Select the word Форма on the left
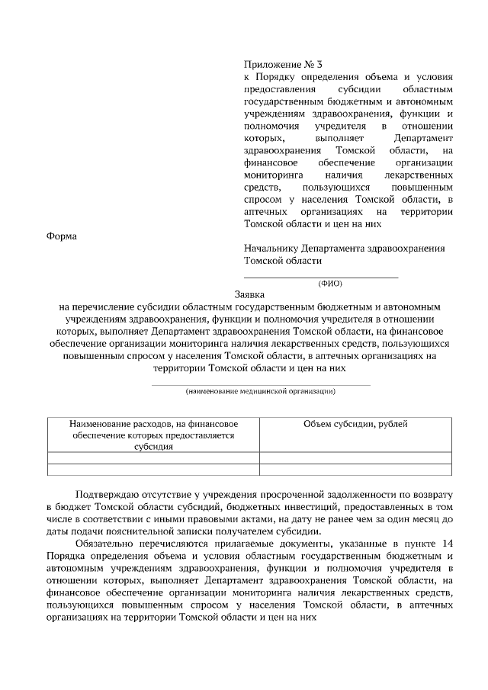(x=63, y=236)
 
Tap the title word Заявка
(x=249, y=294)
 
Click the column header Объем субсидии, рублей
(x=355, y=423)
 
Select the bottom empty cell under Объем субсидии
(x=355, y=470)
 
